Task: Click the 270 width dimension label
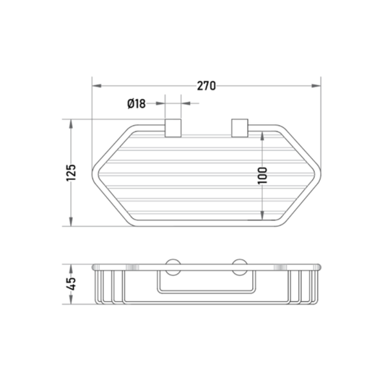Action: click(207, 86)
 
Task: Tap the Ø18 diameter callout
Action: click(137, 103)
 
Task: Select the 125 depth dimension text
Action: click(72, 173)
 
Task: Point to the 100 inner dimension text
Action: click(262, 176)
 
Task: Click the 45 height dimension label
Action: click(72, 284)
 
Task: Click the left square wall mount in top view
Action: click(173, 128)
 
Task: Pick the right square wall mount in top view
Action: click(240, 128)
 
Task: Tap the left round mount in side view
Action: click(173, 267)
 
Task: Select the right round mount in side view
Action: click(240, 267)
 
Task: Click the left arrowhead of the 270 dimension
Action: click(97, 86)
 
